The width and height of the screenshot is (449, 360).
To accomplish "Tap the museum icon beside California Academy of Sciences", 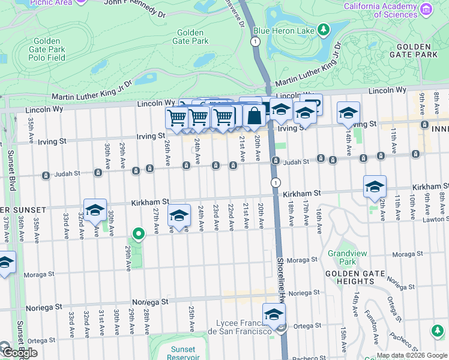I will [426, 9].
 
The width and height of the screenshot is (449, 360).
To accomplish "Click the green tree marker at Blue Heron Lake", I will [324, 29].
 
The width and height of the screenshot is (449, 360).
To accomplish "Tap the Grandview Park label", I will [342, 258].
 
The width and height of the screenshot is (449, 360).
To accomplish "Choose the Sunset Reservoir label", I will [182, 353].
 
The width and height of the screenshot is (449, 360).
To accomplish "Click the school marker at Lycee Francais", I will [274, 314].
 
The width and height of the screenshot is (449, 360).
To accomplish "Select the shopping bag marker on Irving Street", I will [254, 116].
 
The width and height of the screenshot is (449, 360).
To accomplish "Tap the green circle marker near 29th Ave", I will [138, 234].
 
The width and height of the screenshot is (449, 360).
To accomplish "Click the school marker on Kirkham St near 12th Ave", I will [375, 187].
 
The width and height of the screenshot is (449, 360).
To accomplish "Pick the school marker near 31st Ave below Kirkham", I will [95, 210].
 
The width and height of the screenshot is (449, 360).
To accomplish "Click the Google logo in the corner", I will [19, 353].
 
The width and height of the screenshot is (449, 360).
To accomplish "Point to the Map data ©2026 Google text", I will [412, 355].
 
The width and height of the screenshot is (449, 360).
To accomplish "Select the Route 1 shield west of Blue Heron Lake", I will [256, 41].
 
